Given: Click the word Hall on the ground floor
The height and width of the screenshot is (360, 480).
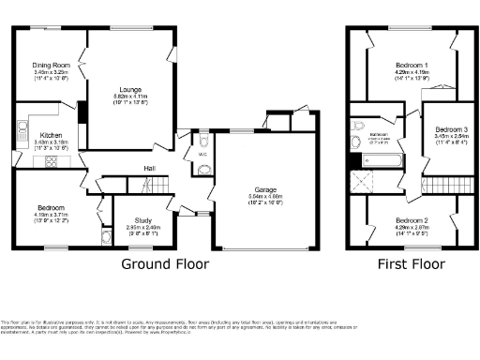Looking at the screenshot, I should [x=149, y=169].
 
